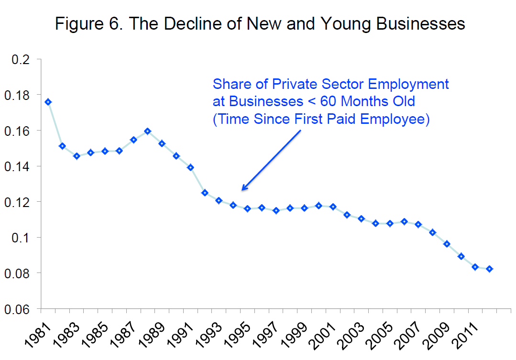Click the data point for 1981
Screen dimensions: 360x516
click(48, 102)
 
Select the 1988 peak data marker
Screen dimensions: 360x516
click(148, 131)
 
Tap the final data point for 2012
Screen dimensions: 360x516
click(489, 269)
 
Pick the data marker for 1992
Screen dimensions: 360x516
click(205, 193)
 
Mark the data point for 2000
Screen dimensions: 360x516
click(318, 206)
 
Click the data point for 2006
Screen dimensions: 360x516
click(404, 221)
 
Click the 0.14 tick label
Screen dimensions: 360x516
click(18, 166)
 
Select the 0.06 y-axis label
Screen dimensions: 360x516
click(18, 309)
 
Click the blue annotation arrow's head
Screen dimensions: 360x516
click(243, 189)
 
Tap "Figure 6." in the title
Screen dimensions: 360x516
click(87, 23)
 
